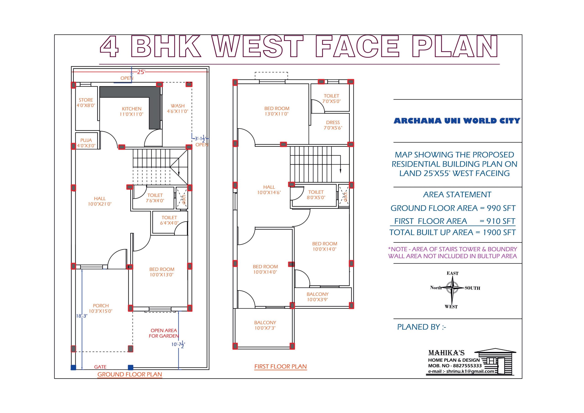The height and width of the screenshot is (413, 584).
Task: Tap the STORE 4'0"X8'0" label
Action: pos(86,103)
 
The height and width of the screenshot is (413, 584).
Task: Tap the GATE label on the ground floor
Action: pos(100,367)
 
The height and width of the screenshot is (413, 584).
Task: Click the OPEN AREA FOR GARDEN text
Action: pos(164,333)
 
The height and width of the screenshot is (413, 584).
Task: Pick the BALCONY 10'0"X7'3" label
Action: pos(265,325)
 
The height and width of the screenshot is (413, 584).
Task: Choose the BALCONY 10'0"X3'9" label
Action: pos(317,297)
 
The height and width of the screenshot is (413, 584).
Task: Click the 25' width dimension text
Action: pos(141,72)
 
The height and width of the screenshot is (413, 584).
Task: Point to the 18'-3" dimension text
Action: pos(82,316)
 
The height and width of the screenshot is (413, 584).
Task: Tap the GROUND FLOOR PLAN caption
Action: pos(130,375)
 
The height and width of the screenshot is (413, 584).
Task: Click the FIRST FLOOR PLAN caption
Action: pos(281,367)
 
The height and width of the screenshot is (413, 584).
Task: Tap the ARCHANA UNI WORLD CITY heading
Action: pos(457,121)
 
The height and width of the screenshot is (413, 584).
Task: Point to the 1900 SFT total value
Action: pos(499,232)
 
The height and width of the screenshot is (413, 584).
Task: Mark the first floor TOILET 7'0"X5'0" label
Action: pos(331,99)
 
